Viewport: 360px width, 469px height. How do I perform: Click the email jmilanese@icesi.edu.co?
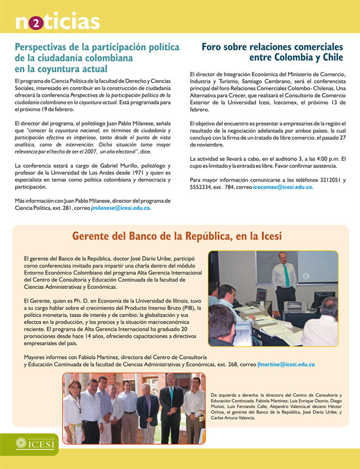[x=121, y=209]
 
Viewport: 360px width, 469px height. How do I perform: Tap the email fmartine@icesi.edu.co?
[x=286, y=364]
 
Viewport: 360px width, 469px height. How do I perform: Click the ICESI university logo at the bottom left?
[x=35, y=443]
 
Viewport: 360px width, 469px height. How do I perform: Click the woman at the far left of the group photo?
[x=73, y=409]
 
